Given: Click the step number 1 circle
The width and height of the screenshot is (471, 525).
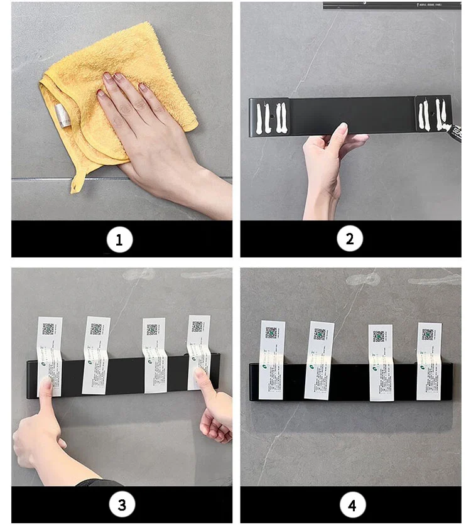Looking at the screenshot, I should [x=119, y=239].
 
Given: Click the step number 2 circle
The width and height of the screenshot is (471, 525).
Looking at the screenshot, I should [x=350, y=239].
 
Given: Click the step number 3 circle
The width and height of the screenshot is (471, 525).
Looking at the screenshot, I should [x=122, y=504].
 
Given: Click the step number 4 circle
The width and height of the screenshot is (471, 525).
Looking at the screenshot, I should [x=352, y=504].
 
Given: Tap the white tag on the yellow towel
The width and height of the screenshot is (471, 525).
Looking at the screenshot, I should [x=61, y=114].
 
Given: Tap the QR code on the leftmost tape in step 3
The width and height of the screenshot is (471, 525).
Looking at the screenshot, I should [x=48, y=328].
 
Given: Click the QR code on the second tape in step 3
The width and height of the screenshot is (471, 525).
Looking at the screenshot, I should [x=95, y=328].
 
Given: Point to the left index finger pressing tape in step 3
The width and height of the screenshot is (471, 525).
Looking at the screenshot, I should [x=46, y=389].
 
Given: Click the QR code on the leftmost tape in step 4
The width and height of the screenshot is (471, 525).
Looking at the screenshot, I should [x=271, y=332].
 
